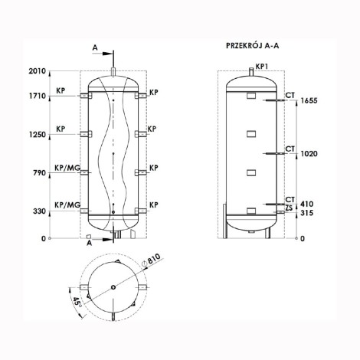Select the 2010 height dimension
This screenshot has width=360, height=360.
[38, 71]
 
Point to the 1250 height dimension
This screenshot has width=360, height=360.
[38, 135]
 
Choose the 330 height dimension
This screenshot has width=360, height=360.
[39, 210]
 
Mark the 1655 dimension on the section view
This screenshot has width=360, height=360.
[309, 100]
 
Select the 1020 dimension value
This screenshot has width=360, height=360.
[309, 153]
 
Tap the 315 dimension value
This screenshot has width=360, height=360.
[306, 214]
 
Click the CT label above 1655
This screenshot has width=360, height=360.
[290, 94]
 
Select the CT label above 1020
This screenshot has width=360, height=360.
[290, 147]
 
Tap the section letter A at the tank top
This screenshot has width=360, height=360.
[94, 47]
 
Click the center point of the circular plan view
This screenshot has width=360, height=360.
[114, 288]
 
